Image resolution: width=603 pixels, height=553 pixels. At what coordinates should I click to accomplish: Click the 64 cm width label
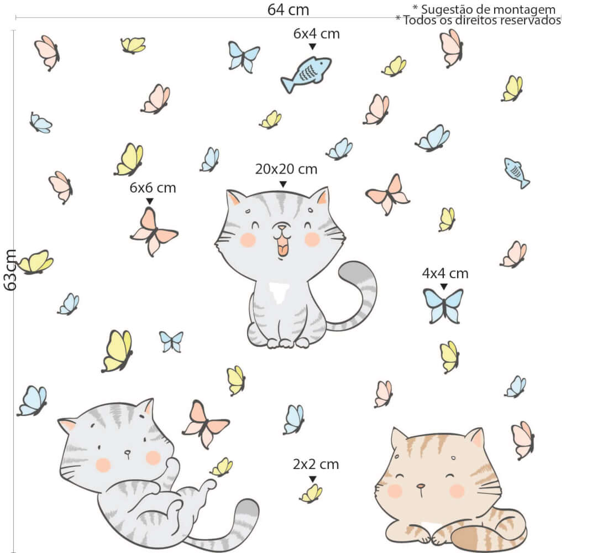tap(288, 9)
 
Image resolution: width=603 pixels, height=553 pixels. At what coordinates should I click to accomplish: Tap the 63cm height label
tap(10, 270)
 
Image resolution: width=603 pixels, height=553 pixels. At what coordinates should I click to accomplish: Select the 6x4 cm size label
tap(317, 34)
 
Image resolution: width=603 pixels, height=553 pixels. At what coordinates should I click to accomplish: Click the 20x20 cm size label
tap(286, 169)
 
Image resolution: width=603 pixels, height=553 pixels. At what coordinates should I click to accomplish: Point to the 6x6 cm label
tap(153, 188)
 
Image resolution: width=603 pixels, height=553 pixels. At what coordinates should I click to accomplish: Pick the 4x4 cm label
tap(445, 274)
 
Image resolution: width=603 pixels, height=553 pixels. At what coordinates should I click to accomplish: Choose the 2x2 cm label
tap(316, 465)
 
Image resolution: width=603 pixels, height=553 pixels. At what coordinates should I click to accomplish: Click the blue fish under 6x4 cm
tap(306, 74)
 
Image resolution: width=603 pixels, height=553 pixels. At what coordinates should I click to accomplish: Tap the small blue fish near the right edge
tap(516, 173)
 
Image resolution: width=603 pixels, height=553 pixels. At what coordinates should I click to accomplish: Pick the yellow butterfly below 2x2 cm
tap(311, 494)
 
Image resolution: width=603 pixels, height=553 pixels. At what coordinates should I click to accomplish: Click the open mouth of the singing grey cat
tap(282, 247)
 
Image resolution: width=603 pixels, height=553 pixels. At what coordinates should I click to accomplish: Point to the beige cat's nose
tap(422, 487)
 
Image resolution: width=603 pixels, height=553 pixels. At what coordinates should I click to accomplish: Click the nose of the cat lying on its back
tap(127, 452)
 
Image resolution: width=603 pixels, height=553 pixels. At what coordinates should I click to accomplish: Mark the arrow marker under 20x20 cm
tap(283, 184)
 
